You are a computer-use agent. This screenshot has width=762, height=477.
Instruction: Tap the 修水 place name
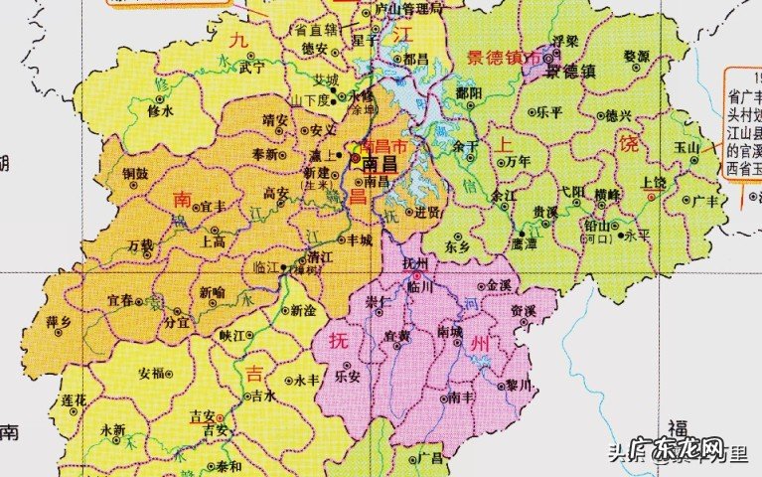tap(159, 111)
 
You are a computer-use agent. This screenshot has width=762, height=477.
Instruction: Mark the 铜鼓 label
tap(135, 173)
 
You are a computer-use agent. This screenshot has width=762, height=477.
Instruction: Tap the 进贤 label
tap(427, 211)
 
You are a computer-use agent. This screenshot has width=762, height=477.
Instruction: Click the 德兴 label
tap(618, 115)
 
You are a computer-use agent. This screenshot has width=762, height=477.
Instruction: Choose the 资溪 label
tap(525, 310)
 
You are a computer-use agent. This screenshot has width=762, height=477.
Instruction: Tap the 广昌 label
tap(430, 457)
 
